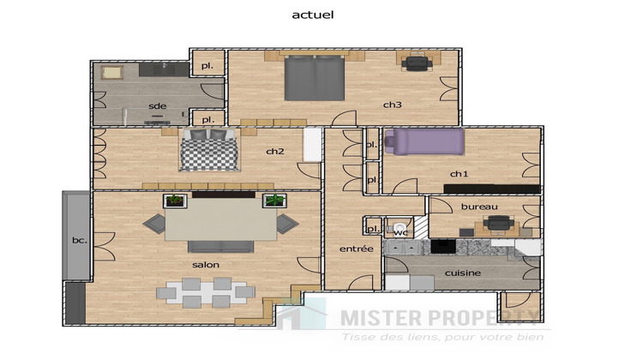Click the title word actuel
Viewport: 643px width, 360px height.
pos(313,15)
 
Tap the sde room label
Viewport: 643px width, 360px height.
pos(157,106)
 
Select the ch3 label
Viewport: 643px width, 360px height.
pos(392,105)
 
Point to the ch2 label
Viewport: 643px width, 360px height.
pos(274,152)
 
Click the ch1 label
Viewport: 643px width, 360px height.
pos(460,174)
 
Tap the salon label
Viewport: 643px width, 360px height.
pos(206,265)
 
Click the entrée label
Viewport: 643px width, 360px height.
pos(356,249)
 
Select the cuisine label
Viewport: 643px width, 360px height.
pos(462,273)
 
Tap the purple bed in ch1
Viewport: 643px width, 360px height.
pos(424,141)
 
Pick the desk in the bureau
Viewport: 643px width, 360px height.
pos(497,225)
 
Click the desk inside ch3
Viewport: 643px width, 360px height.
pos(418,62)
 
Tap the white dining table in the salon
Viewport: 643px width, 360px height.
pos(205,293)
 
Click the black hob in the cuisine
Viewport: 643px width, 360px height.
pos(442,247)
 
